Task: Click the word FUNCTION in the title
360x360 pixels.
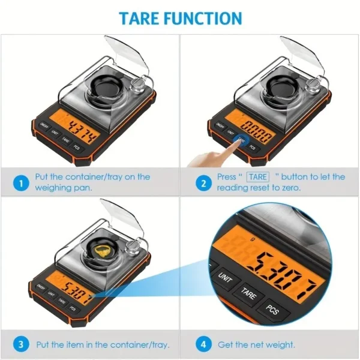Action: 205,18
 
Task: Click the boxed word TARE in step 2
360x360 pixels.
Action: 259,177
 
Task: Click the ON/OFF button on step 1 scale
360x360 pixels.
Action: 44,125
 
